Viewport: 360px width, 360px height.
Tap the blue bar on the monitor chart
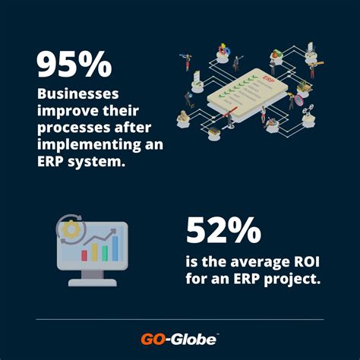click(x=115, y=248)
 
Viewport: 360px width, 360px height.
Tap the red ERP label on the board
click(x=267, y=78)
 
